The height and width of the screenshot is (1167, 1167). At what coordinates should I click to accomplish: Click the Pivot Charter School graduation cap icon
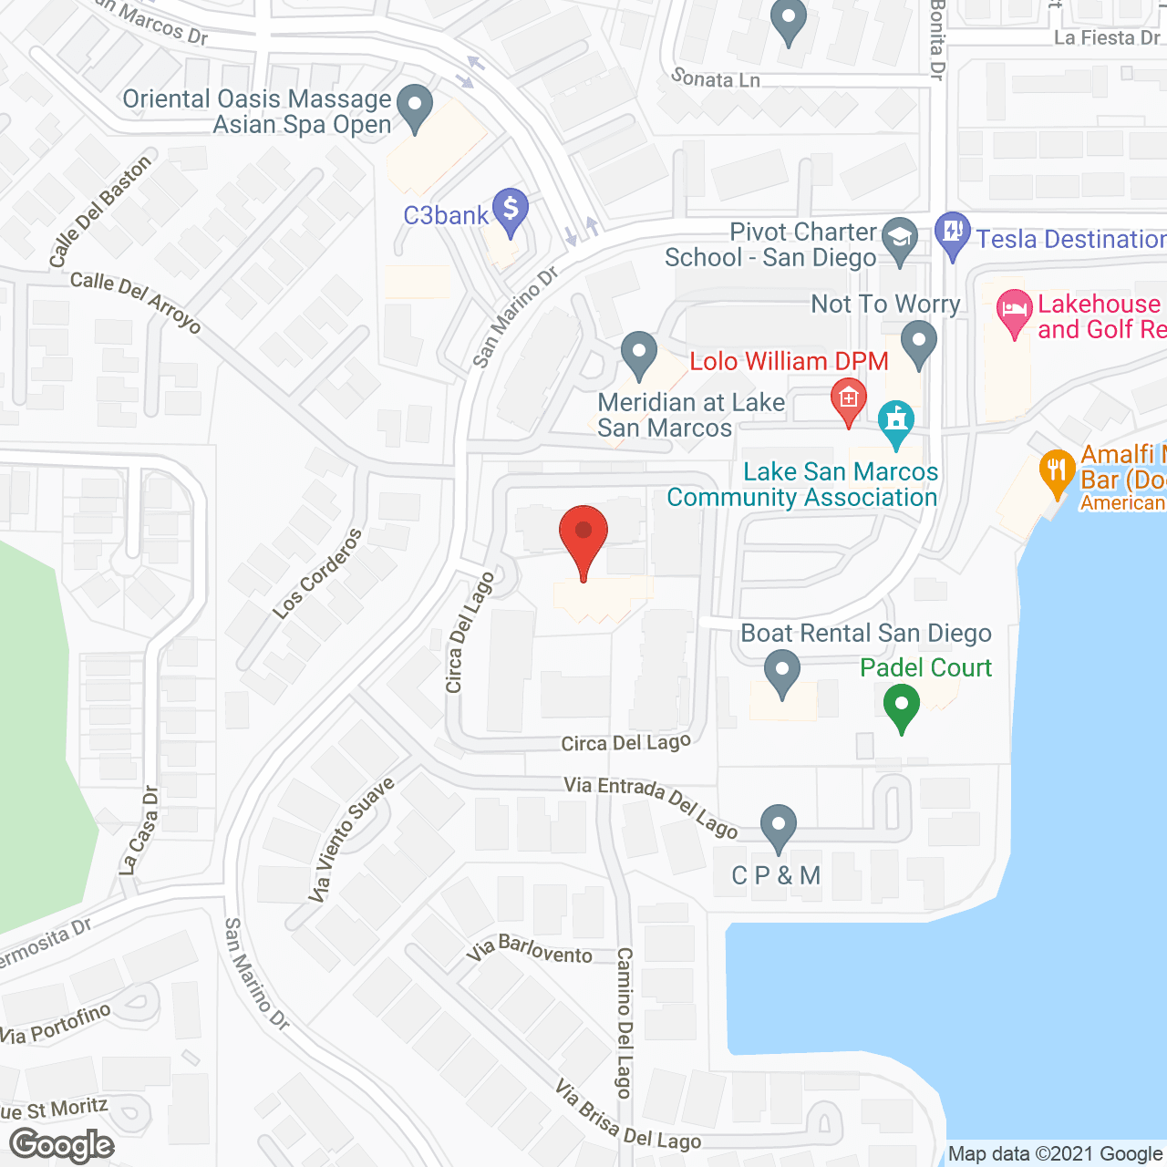pos(901,239)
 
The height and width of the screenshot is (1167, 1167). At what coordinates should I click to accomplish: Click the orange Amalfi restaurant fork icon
pos(1057,471)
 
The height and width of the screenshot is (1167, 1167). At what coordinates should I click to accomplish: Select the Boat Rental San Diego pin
pos(781,672)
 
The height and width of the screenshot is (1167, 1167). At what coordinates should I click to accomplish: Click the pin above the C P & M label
pos(778,826)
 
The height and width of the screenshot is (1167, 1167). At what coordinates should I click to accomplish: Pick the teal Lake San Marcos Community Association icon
pos(896,422)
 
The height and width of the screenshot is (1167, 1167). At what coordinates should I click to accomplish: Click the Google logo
pos(61,1145)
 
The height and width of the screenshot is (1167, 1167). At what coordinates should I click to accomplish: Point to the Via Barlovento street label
pos(530,949)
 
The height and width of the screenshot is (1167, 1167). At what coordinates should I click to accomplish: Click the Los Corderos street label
pos(316,573)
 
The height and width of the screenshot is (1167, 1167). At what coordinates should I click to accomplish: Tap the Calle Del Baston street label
pos(99,212)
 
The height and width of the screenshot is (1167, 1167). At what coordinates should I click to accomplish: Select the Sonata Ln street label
pos(716,79)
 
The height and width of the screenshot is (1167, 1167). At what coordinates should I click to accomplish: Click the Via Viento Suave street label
pos(350,840)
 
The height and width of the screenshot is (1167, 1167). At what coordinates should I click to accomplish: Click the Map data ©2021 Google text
pos(1055,1154)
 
